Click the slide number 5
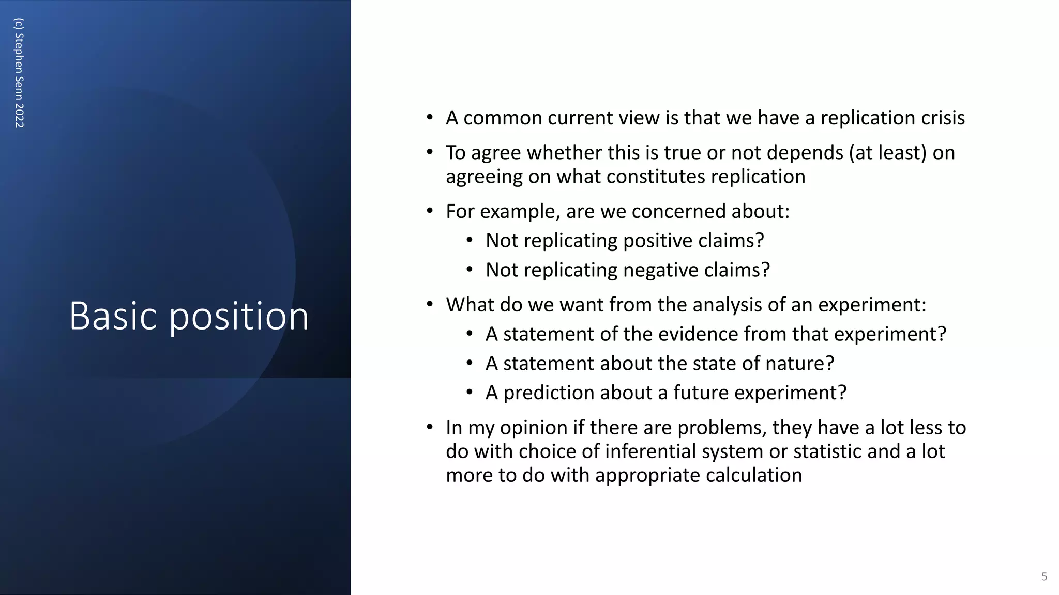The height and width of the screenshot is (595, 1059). (1044, 576)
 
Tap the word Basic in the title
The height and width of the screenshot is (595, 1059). (113, 316)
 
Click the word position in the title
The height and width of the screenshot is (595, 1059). (239, 317)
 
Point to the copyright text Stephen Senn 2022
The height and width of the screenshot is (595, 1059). (19, 73)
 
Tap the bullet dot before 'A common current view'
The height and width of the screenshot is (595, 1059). (430, 117)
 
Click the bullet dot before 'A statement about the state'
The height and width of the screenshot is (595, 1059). (469, 363)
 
